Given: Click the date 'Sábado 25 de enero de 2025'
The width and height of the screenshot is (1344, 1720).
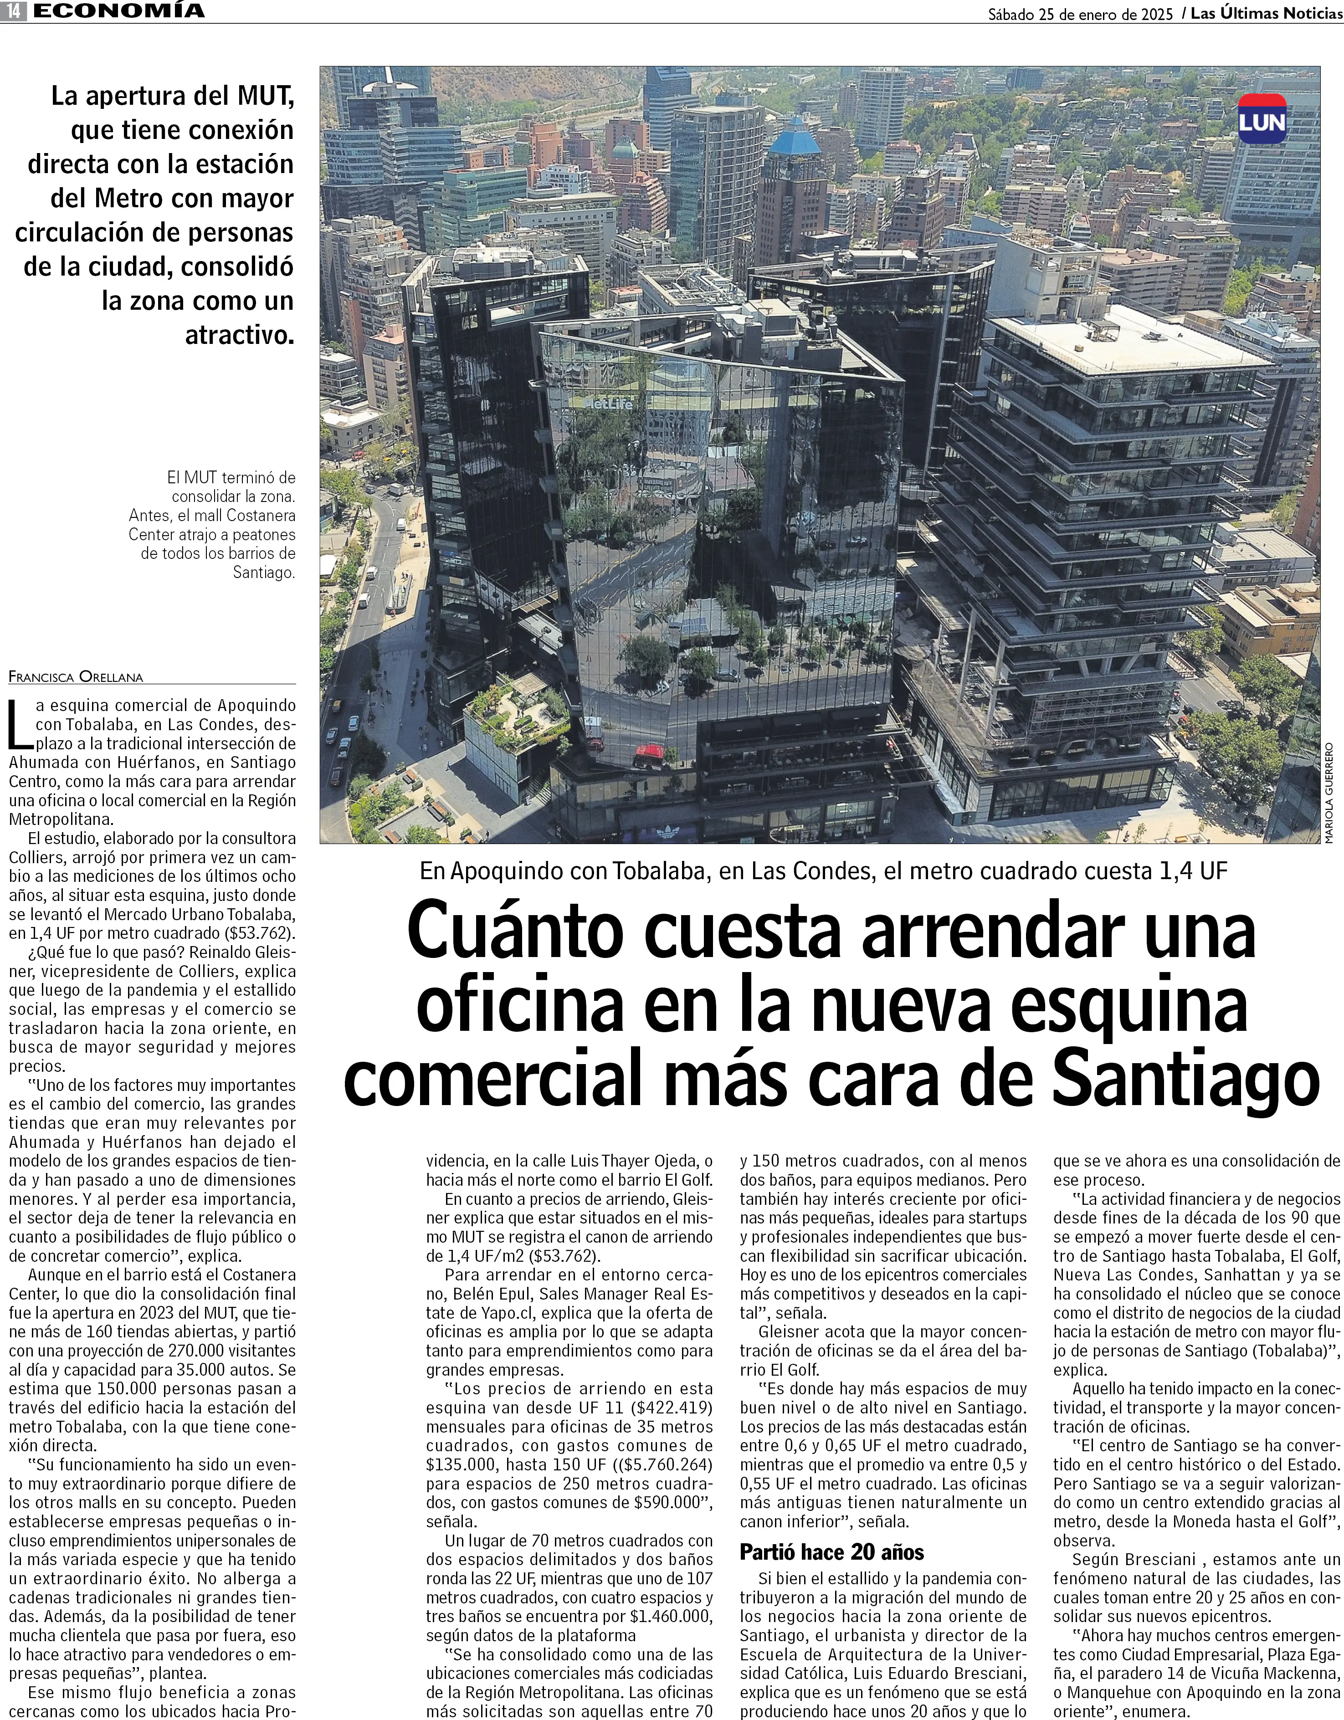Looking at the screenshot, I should click(1080, 13).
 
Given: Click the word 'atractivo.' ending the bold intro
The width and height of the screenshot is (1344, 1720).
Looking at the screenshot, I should click(239, 336).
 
